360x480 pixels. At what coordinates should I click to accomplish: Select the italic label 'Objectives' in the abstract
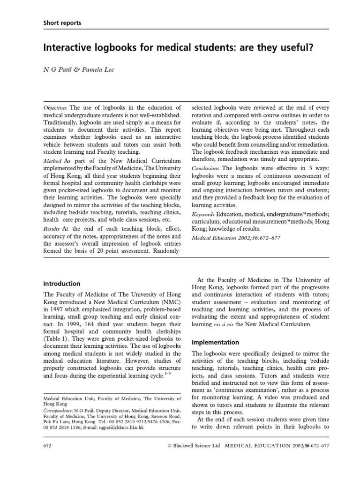click(55, 107)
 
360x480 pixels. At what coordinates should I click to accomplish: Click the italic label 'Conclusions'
click(206, 168)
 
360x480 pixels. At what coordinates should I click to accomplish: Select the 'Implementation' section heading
click(216, 342)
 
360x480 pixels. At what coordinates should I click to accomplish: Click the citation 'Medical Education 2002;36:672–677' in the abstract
click(237, 238)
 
